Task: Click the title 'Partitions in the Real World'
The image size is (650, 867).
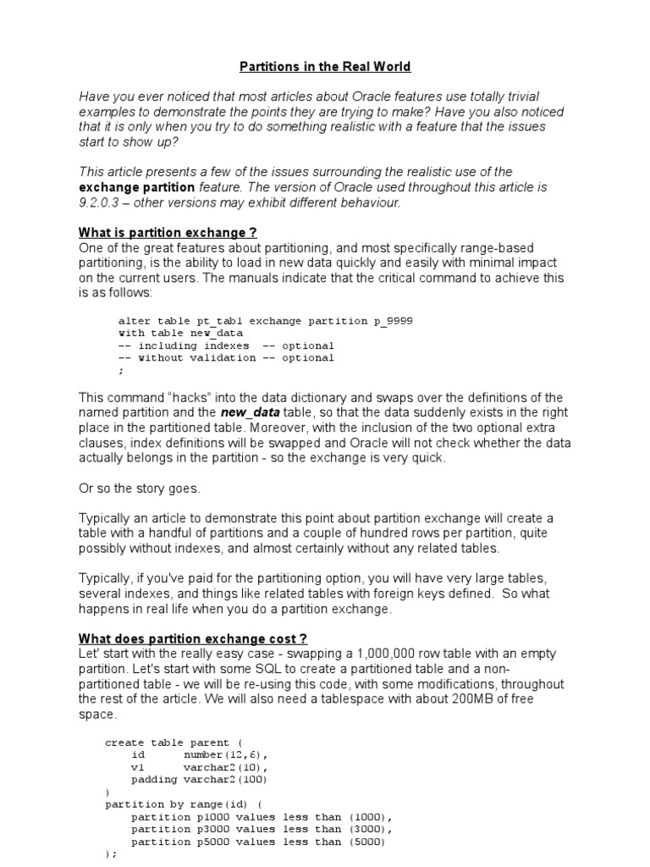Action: (324, 66)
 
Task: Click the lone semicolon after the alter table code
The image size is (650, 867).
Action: (120, 371)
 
